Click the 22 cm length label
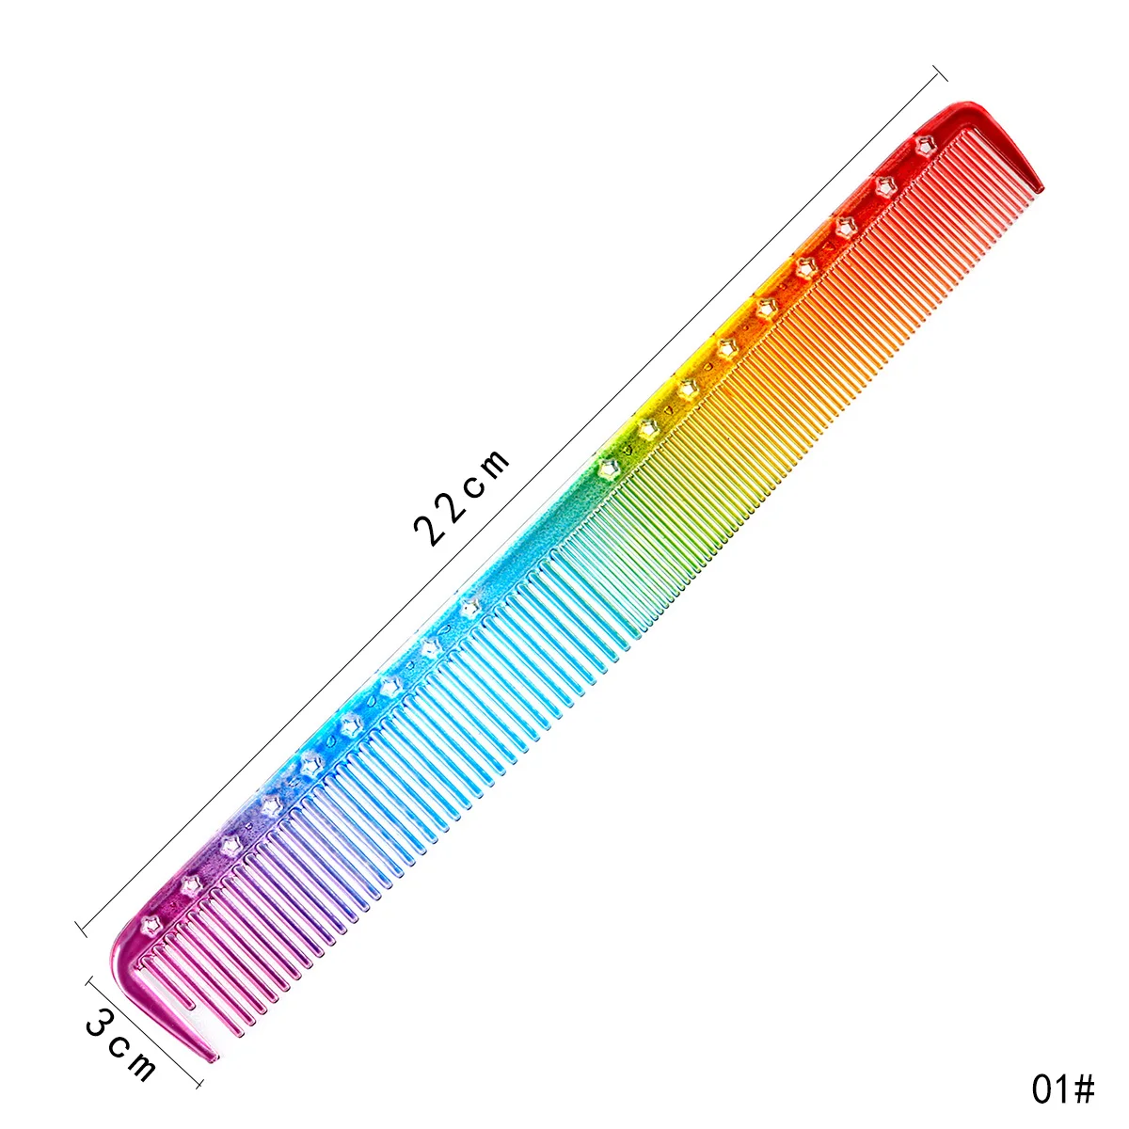461,498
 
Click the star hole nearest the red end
925,146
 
